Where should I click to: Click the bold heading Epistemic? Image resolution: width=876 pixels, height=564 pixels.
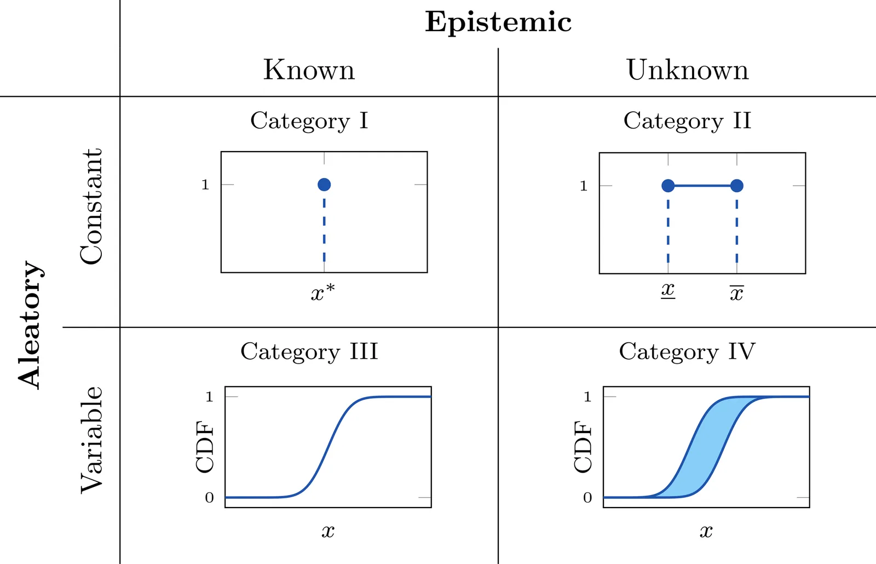coord(498,22)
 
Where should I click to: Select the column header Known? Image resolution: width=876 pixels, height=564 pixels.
coord(309,70)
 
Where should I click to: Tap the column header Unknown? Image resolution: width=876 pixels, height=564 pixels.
coord(687,70)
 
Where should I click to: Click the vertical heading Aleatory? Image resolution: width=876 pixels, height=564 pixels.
coord(30,325)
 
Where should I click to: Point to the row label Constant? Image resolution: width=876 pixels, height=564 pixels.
coord(91,206)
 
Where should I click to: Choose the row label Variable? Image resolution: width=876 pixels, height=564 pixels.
coord(91,440)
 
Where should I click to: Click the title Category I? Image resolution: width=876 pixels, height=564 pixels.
coord(309,121)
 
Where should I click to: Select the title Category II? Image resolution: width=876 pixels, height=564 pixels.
coord(687,121)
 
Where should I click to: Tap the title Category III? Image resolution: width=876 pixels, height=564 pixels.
coord(309,352)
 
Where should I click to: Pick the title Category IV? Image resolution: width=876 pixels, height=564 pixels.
coord(687,352)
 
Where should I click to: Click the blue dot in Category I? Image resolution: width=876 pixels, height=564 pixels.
coord(324,185)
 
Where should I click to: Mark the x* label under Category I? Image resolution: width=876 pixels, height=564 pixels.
coord(322,293)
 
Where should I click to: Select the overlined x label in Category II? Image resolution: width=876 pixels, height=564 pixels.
coord(736,293)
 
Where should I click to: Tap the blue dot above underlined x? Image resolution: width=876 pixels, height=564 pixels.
coord(668,186)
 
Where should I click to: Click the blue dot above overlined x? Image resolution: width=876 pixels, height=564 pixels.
coord(737,186)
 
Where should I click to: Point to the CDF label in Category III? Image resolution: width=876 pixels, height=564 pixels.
coord(205,447)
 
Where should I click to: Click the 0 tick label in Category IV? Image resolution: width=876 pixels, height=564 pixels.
coord(587,498)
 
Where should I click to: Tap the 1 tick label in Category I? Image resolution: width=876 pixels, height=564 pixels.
coord(205,185)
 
